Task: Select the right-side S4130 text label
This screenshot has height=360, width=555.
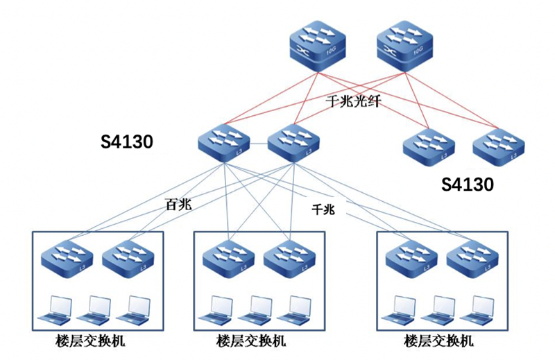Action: (468, 185)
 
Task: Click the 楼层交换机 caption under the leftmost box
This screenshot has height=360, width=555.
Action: (93, 341)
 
